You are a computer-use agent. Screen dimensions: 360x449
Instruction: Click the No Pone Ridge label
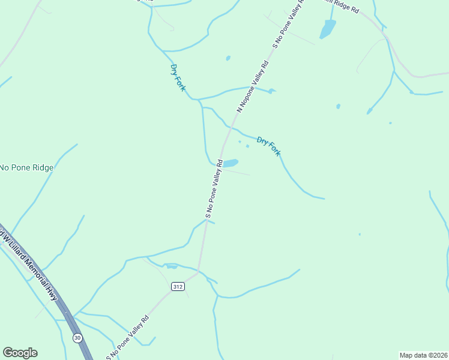coord(26,167)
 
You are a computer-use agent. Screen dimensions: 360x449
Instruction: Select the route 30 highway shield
coord(77,338)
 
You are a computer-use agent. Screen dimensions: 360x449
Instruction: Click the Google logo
coord(20,353)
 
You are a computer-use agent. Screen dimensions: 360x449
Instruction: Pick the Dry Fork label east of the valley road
coord(268,146)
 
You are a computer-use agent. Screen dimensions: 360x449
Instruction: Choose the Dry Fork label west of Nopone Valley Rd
coord(178,77)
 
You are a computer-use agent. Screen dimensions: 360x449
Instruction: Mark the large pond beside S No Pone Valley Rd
coord(231,163)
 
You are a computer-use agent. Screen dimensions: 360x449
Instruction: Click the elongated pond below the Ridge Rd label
coord(328,28)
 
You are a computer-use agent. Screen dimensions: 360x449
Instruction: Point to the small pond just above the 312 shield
coord(172,266)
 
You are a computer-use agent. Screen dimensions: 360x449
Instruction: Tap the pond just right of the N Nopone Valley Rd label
coord(272,91)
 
